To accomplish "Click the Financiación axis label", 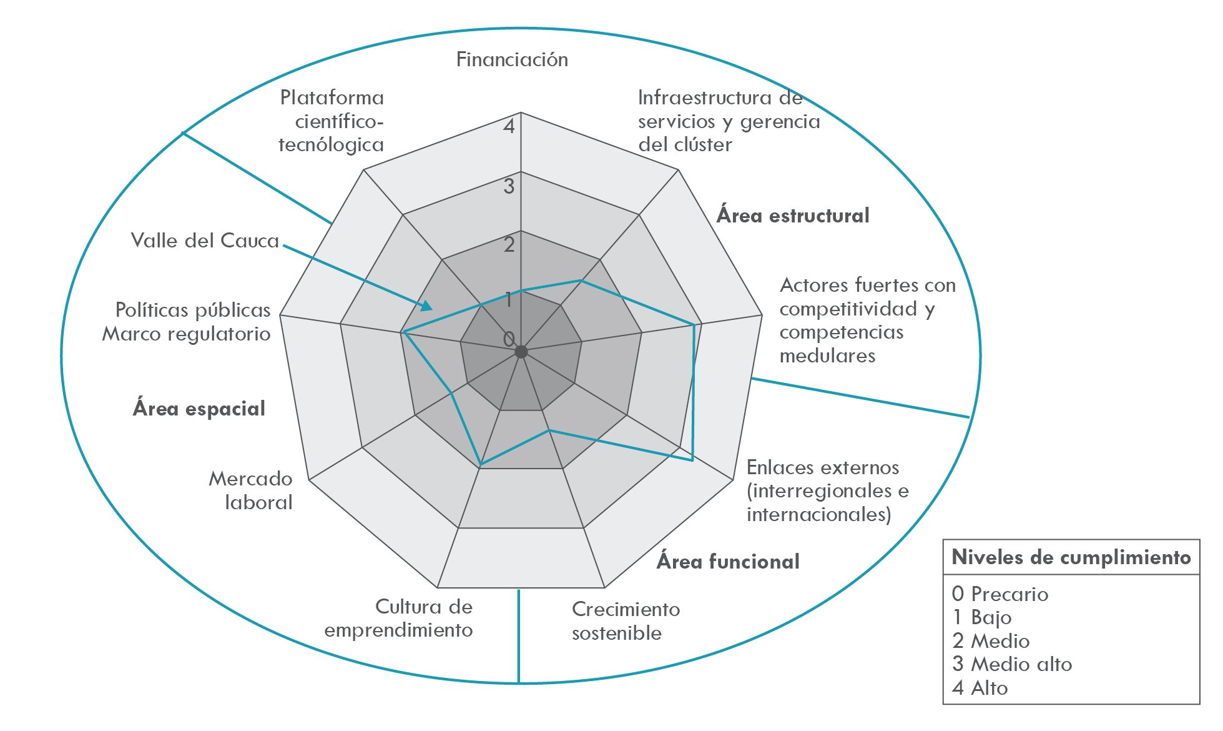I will click(x=512, y=60).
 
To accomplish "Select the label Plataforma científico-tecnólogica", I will click(x=332, y=121).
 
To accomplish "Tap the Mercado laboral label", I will click(x=251, y=490).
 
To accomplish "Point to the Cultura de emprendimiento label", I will click(x=399, y=619).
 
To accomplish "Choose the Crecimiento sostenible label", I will click(x=626, y=621).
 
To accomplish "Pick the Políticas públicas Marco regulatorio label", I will click(x=187, y=322).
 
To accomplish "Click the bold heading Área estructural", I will click(x=792, y=216).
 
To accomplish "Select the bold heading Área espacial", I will click(x=199, y=409).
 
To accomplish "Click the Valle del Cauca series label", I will click(x=205, y=241).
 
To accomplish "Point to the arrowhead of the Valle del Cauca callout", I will click(x=428, y=306).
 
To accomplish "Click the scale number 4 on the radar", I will click(x=509, y=127).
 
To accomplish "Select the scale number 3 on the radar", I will click(x=509, y=186).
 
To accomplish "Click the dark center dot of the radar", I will click(x=521, y=352).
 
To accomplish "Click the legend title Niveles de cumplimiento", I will click(x=1071, y=557).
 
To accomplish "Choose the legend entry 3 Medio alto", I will click(x=1011, y=664).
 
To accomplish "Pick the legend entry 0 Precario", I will click(x=1000, y=594).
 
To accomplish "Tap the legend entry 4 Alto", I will click(x=980, y=688).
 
